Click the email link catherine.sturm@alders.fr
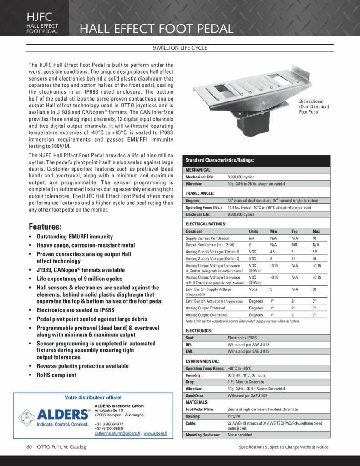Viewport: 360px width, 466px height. click(117, 433)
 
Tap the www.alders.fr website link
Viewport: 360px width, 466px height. click(156, 433)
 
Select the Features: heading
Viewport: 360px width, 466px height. click(45, 227)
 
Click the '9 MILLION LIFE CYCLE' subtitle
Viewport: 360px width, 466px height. click(180, 48)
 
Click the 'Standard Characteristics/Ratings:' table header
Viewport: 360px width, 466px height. click(219, 160)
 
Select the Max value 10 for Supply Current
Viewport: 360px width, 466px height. click(314, 238)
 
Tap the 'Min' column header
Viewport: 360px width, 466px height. click(273, 231)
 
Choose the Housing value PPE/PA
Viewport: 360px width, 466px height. click(235, 416)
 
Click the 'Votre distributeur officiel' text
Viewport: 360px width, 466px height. click(93, 397)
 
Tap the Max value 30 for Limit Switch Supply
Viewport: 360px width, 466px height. click(314, 289)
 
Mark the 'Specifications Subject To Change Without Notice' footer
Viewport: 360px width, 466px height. click(284, 447)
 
